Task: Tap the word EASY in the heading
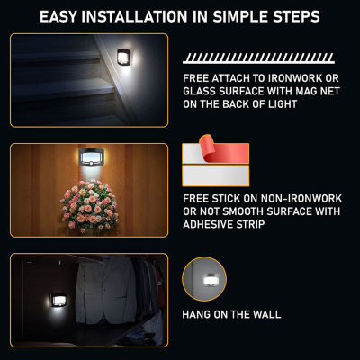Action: click(58, 16)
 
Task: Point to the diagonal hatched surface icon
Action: click(258, 58)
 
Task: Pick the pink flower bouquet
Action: click(90, 206)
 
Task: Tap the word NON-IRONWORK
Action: click(301, 199)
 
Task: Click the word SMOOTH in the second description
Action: click(243, 211)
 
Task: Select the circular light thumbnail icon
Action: click(204, 279)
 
